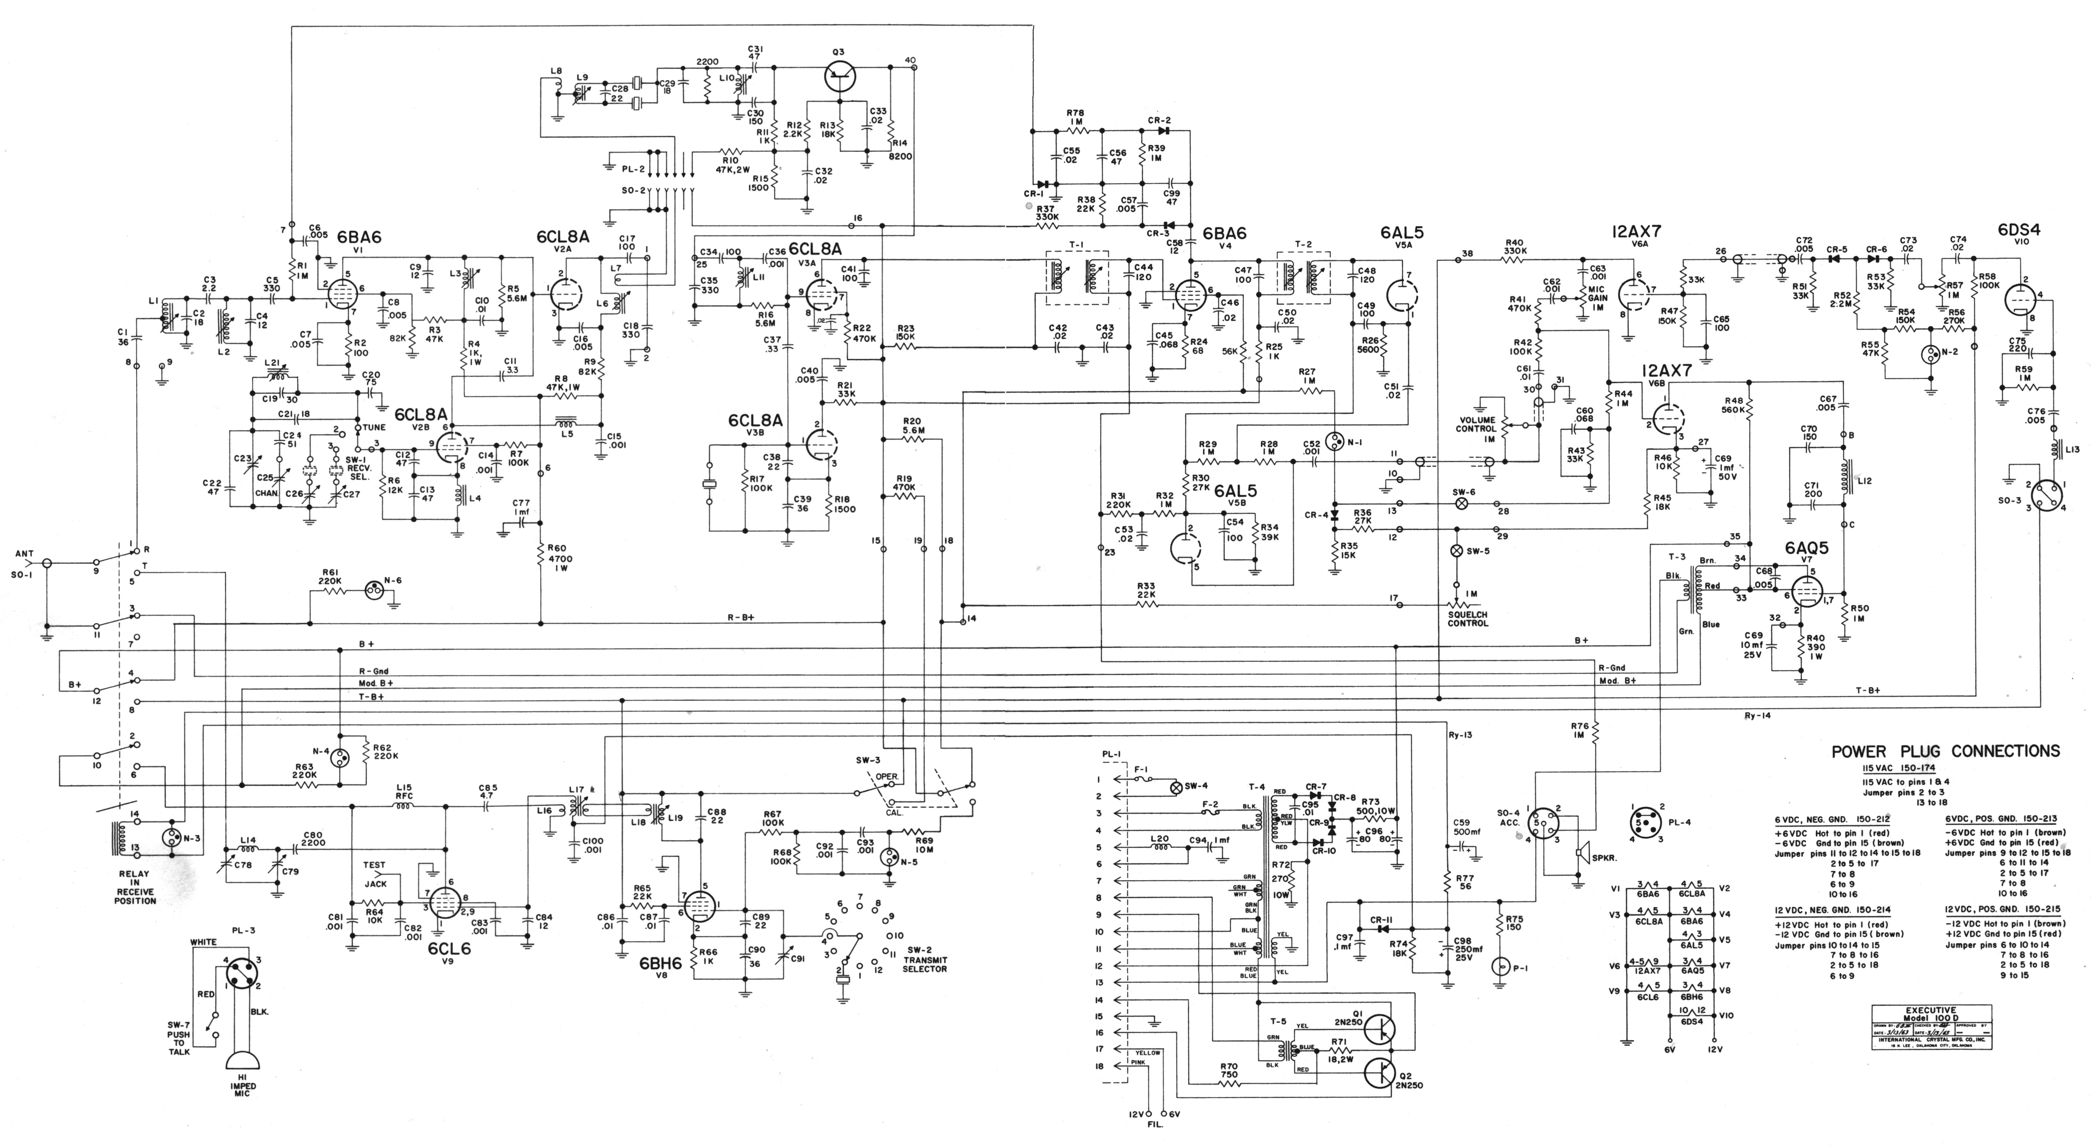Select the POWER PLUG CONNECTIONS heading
pyautogui.click(x=1945, y=752)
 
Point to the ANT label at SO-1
pyautogui.click(x=23, y=554)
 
